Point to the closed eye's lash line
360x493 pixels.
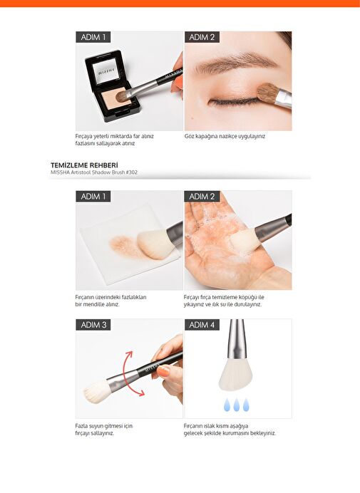[234, 102]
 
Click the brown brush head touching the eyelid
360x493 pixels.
[267, 93]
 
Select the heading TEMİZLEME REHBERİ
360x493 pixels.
[84, 165]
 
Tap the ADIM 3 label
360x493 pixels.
[93, 324]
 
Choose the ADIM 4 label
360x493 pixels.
[202, 324]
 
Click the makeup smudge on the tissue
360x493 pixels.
[124, 246]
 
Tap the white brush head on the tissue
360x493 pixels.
[153, 245]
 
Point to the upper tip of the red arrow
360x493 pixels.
[130, 352]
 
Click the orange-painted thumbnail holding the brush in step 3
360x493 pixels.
[164, 371]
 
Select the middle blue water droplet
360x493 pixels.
[237, 405]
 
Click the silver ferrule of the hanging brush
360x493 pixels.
[235, 341]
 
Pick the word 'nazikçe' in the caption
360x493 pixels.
[222, 136]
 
